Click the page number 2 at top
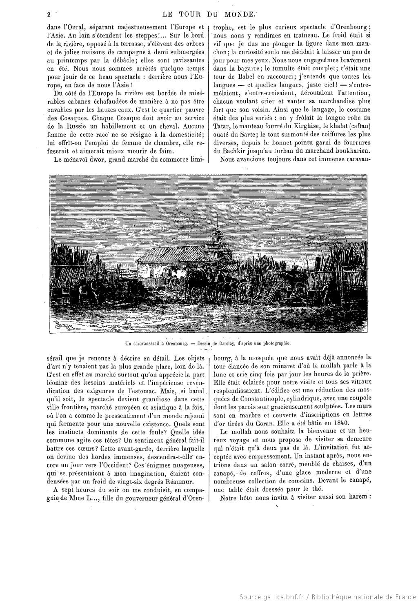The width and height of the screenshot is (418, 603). pos(48,15)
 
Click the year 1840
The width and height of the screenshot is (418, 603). pos(353,423)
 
